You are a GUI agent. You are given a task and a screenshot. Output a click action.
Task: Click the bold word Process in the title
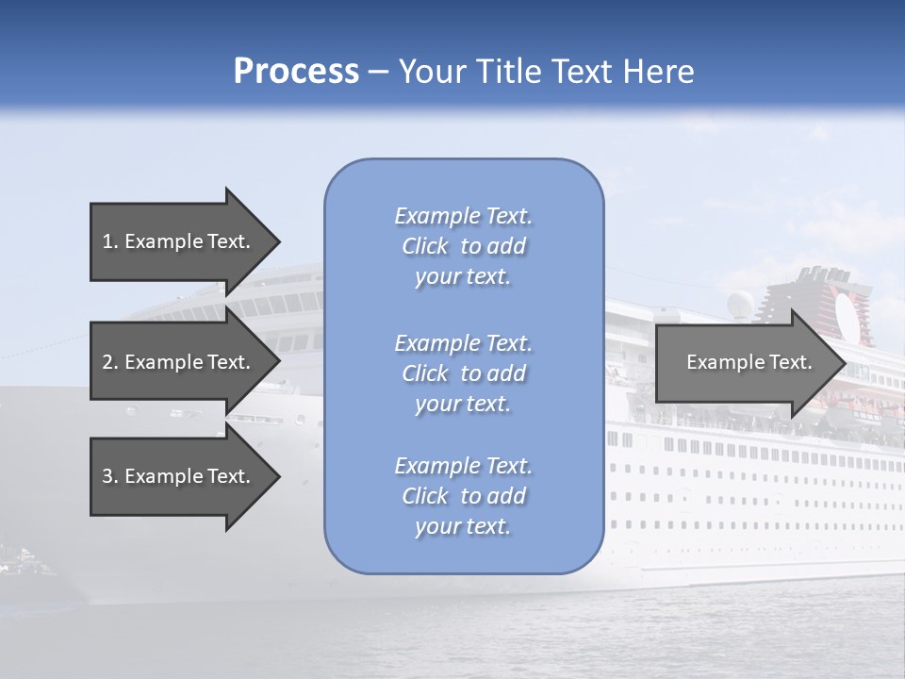[x=296, y=72]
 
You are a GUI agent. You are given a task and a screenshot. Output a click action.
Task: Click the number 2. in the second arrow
[x=110, y=362]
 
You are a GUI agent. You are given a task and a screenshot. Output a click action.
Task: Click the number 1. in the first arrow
[x=110, y=241]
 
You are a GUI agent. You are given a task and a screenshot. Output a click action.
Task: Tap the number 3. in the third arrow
[x=110, y=476]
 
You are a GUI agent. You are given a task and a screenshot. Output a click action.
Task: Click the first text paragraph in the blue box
[x=463, y=246]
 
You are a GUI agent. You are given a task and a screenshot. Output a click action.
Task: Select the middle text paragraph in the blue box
[x=463, y=373]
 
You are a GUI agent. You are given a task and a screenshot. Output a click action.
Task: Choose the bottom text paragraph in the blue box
[x=463, y=496]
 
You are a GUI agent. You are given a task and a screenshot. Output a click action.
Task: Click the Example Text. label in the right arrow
[x=749, y=362]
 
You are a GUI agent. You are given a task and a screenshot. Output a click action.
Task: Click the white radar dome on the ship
[x=741, y=304]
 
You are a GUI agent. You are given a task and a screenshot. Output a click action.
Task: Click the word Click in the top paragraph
[x=425, y=246]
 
